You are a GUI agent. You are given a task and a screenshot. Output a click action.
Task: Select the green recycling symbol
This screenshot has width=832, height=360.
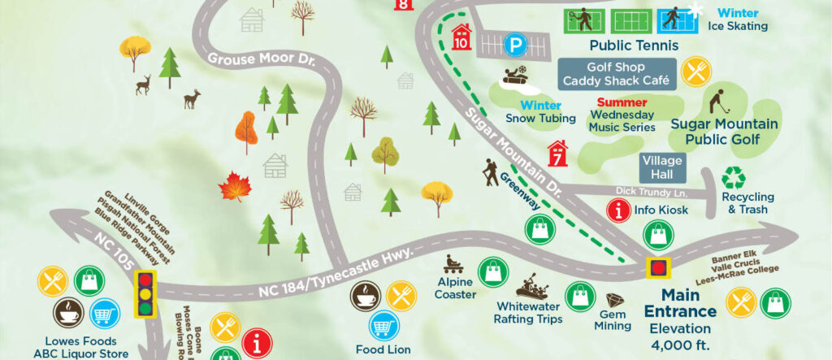pos(734,179)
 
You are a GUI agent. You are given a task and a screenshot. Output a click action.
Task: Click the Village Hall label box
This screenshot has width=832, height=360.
pos(663,167)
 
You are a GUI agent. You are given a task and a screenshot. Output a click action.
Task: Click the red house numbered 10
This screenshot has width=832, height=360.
pos(461,37)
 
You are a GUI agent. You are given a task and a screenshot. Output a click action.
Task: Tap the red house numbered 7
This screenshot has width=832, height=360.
pos(557,153)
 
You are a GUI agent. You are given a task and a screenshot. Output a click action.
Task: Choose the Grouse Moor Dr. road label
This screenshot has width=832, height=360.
pos(248,59)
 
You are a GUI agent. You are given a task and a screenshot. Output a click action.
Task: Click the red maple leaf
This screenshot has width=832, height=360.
pos(235,187)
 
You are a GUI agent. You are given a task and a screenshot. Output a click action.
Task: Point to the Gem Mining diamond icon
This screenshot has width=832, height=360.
pos(613,301)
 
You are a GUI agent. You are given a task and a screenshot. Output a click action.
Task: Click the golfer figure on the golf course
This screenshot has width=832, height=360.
pos(717,103)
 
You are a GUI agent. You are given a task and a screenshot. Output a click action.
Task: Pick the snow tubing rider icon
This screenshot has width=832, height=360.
pos(517,78)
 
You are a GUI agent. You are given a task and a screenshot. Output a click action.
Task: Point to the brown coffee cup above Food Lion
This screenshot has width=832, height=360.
pos(364,297)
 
